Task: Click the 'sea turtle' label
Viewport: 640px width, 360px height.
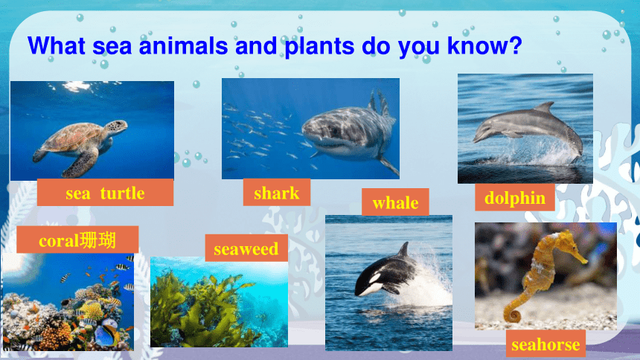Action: pyautogui.click(x=106, y=192)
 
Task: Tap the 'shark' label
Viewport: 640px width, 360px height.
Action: pyautogui.click(x=277, y=192)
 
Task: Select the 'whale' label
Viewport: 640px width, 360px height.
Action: pyautogui.click(x=395, y=202)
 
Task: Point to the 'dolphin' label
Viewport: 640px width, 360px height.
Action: pyautogui.click(x=515, y=198)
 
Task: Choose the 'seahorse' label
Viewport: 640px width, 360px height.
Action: pyautogui.click(x=545, y=344)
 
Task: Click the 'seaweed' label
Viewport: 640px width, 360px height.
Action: pyautogui.click(x=246, y=248)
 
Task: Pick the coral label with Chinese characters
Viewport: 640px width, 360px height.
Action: pyautogui.click(x=77, y=240)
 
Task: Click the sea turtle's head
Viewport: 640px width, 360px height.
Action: pyautogui.click(x=116, y=127)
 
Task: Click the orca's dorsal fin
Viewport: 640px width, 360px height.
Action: pyautogui.click(x=404, y=249)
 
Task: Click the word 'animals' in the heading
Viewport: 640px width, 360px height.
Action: pyautogui.click(x=183, y=45)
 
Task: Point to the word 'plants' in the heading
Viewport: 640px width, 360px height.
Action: pyautogui.click(x=319, y=46)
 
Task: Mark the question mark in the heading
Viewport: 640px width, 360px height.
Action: pyautogui.click(x=516, y=45)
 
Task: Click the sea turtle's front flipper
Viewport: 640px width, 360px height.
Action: pyautogui.click(x=83, y=163)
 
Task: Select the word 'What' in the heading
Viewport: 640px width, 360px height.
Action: pyautogui.click(x=57, y=45)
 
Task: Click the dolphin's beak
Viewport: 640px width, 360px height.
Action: pyautogui.click(x=477, y=139)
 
